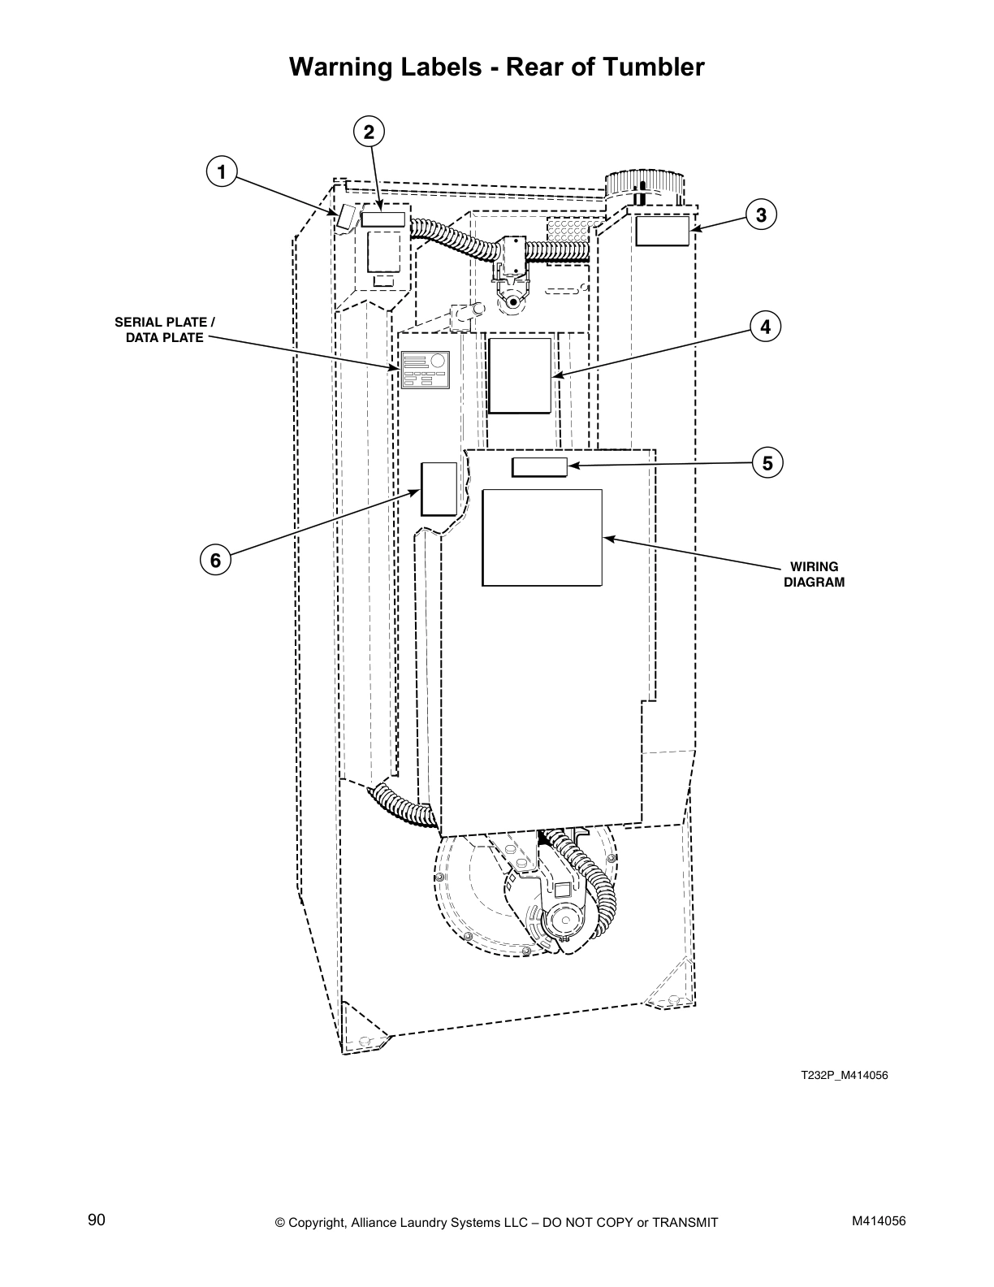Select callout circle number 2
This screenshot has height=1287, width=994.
pos(369,132)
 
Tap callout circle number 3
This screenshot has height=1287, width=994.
pos(761,215)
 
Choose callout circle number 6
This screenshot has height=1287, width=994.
pos(215,560)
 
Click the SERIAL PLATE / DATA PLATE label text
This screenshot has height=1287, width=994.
pos(165,330)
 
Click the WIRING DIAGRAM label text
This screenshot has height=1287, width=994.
pos(814,574)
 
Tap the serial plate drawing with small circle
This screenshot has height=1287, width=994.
pos(425,370)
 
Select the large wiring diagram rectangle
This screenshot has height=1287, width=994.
pos(542,537)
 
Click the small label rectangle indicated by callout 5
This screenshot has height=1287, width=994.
pos(539,466)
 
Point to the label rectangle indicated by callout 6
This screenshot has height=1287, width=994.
pos(439,488)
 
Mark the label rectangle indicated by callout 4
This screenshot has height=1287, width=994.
pos(520,375)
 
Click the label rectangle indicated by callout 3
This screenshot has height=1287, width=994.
pos(662,231)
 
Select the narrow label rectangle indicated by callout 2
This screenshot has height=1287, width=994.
pos(382,219)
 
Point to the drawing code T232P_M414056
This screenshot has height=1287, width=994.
pos(845,1075)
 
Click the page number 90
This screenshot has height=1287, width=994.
pos(97,1220)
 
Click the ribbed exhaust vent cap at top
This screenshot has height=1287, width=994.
pos(645,183)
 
